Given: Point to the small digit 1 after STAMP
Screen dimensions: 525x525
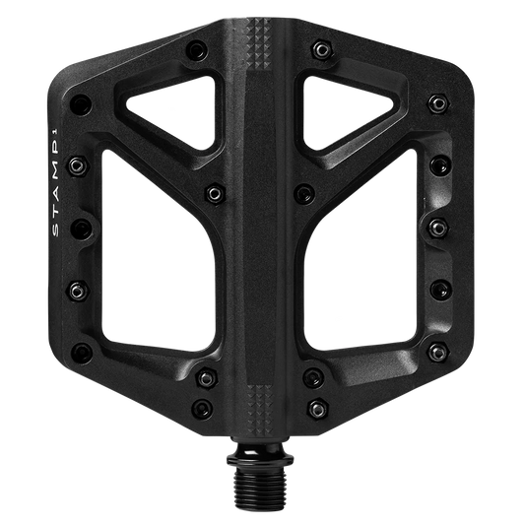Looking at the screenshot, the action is tap(57, 136).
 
